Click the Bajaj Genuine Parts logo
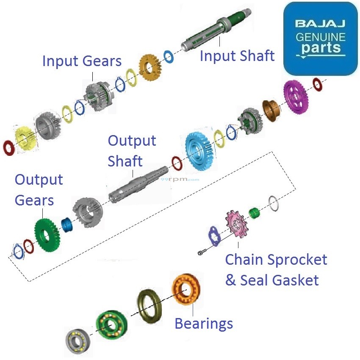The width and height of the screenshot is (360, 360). point(320,38)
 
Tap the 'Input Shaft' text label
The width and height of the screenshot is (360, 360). point(237,55)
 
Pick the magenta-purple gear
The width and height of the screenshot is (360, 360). point(296,96)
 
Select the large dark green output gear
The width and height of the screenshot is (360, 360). point(47,234)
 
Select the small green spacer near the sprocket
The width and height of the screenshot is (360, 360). point(254,213)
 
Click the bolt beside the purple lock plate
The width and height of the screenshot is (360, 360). point(201,253)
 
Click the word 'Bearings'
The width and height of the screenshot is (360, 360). point(204,324)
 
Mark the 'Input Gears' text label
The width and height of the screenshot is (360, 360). point(82,61)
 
